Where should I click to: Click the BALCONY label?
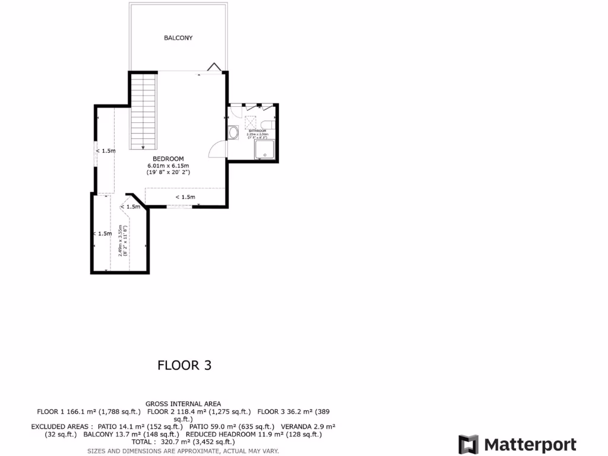pyautogui.click(x=178, y=38)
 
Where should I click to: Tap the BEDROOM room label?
pyautogui.click(x=168, y=159)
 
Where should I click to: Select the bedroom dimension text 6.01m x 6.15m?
pyautogui.click(x=168, y=165)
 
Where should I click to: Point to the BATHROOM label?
pyautogui.click(x=257, y=131)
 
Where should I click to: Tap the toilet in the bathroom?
pyautogui.click(x=269, y=124)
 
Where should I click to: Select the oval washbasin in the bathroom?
pyautogui.click(x=233, y=132)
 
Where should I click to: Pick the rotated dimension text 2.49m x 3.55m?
pyautogui.click(x=123, y=240)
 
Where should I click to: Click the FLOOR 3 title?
pyautogui.click(x=184, y=365)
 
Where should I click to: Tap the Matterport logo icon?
pyautogui.click(x=468, y=445)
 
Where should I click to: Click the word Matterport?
pyautogui.click(x=530, y=445)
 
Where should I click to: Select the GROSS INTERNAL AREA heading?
pyautogui.click(x=183, y=404)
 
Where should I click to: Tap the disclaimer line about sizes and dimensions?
pyautogui.click(x=183, y=451)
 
